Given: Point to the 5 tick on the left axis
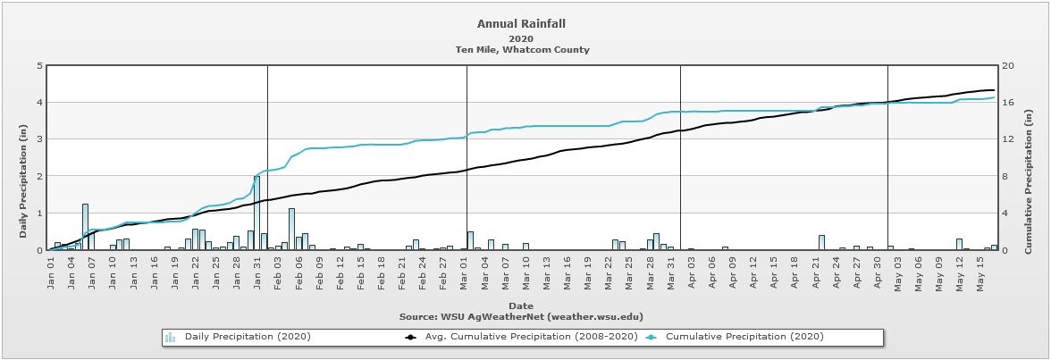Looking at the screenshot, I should [x=38, y=66].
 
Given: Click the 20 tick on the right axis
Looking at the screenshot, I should [x=1007, y=66].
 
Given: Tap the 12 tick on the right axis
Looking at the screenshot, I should [x=1007, y=139].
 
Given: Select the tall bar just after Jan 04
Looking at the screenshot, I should [x=85, y=227].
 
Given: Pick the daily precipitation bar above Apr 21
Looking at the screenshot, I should [x=821, y=242].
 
